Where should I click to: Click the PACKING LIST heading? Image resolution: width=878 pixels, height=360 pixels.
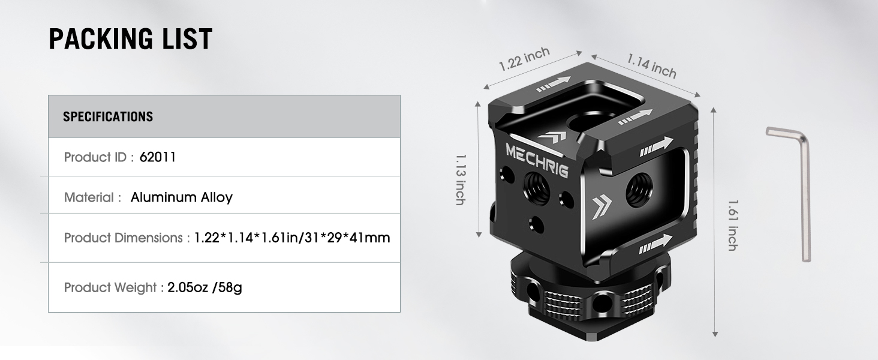tap(130, 39)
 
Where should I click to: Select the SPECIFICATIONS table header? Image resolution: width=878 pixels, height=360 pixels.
tap(108, 116)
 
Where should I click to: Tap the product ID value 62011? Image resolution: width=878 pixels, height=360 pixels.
tap(157, 157)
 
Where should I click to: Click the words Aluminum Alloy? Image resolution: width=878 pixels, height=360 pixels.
tap(182, 197)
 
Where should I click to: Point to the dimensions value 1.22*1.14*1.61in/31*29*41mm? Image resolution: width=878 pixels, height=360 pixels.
tap(292, 238)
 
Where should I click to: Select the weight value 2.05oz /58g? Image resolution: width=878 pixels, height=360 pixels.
tap(205, 287)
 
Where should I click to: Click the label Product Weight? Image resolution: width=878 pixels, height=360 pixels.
tap(110, 287)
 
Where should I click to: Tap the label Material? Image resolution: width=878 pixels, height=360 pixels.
tap(89, 197)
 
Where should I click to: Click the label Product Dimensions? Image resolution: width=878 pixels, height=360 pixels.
tap(123, 238)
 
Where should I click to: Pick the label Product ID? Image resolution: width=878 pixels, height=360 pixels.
tap(95, 157)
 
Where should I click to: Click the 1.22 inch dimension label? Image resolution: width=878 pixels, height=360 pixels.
tap(525, 59)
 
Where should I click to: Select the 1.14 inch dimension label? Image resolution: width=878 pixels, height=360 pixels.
tap(651, 65)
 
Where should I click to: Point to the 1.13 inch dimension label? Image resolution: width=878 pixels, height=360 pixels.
tap(461, 179)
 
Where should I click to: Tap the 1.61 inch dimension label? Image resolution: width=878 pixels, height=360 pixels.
tap(732, 225)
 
